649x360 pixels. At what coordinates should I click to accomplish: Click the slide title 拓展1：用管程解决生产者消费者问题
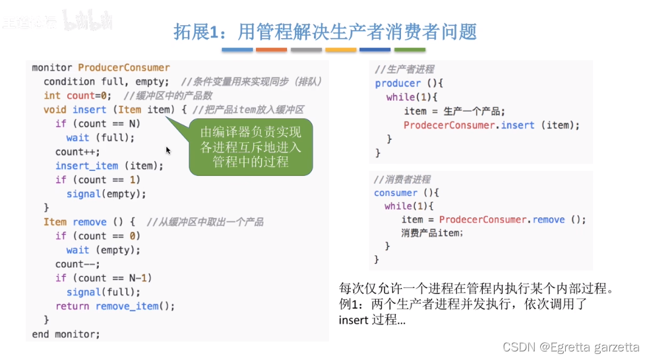[x=324, y=32]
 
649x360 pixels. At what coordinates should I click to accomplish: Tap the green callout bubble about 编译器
[x=251, y=146]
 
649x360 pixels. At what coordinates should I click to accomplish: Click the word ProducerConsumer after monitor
[x=123, y=67]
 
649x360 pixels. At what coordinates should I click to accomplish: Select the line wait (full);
[x=100, y=138]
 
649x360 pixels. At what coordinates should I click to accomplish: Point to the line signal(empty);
[x=106, y=194]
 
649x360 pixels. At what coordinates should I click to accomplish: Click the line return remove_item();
[x=115, y=306]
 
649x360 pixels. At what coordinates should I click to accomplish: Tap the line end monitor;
[x=66, y=334]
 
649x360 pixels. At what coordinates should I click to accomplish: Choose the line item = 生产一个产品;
[x=454, y=111]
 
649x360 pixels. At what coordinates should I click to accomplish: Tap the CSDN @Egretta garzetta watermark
[x=571, y=347]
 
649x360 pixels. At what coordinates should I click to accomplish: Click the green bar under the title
[x=409, y=49]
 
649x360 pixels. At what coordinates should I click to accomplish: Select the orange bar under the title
[x=271, y=49]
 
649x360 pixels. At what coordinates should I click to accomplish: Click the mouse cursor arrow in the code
[x=168, y=150]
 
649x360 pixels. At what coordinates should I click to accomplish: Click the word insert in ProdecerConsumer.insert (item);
[x=518, y=125]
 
